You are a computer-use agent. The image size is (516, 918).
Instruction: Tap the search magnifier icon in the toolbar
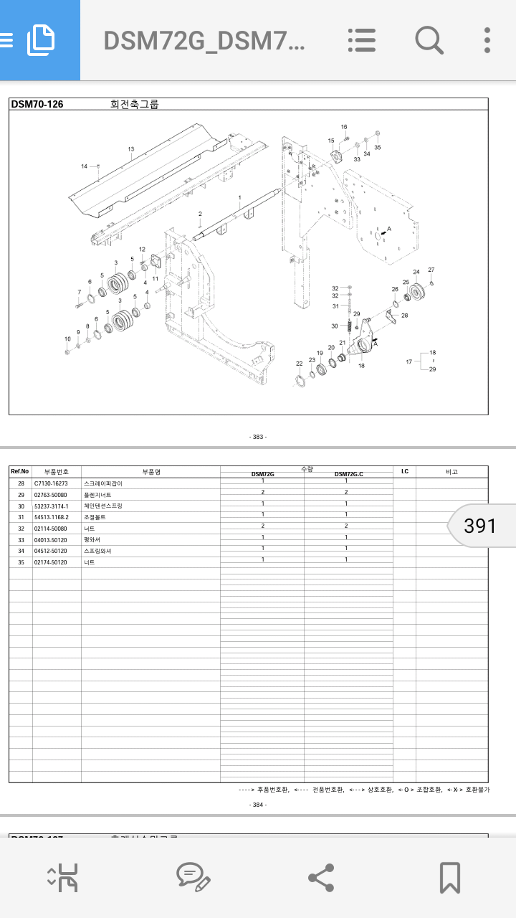[x=429, y=40]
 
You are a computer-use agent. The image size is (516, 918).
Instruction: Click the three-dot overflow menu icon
[x=487, y=40]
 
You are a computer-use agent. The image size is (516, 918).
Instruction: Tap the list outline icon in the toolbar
[x=362, y=40]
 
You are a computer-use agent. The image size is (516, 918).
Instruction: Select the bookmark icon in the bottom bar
[x=449, y=877]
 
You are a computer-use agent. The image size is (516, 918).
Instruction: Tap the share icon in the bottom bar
[x=320, y=877]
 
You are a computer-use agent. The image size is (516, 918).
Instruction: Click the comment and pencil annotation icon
[x=193, y=877]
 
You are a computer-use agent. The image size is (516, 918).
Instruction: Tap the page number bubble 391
[x=480, y=526]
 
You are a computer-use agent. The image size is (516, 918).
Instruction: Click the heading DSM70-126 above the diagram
[x=37, y=104]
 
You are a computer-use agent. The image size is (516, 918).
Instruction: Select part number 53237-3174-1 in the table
[x=52, y=506]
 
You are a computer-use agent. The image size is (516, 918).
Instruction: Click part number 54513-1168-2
[x=52, y=517]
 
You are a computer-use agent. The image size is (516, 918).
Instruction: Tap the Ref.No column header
[x=20, y=471]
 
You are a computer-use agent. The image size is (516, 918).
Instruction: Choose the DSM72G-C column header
[x=348, y=474]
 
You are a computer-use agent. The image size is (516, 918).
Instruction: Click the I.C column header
[x=404, y=471]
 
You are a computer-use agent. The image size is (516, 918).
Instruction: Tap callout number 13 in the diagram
[x=131, y=150]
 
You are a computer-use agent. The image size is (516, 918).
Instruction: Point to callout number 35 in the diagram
[x=378, y=148]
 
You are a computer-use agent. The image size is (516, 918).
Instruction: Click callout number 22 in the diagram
[x=299, y=364]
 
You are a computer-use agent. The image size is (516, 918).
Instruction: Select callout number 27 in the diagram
[x=431, y=270]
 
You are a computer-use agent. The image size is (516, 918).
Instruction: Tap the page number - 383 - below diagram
[x=258, y=437]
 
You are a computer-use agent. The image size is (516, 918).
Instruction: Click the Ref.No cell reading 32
[x=21, y=529]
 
